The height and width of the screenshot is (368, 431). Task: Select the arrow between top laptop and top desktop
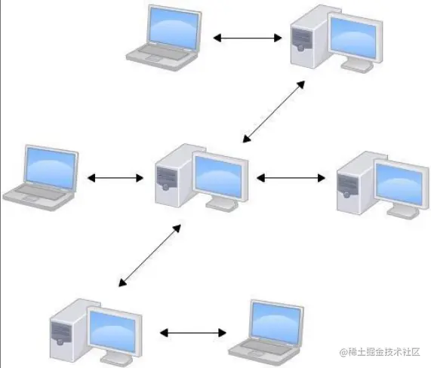point(249,36)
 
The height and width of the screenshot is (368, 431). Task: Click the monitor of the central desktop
point(220,175)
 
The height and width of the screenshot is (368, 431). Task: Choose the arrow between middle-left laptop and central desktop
point(115,179)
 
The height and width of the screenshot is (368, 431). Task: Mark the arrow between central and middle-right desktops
point(294,179)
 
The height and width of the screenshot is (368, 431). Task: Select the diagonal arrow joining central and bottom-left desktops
point(151,253)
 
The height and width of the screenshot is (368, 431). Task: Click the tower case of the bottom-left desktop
point(66,330)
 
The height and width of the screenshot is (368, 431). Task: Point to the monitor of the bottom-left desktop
point(113,329)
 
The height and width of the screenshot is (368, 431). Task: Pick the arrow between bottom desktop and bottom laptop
point(193,332)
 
